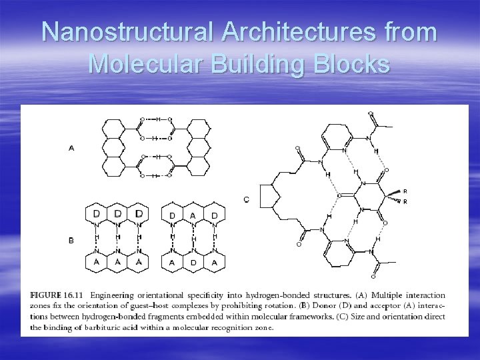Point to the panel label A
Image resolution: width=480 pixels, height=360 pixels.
(71, 148)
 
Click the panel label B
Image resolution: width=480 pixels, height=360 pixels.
(71, 240)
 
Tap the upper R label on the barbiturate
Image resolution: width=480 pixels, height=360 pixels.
(405, 191)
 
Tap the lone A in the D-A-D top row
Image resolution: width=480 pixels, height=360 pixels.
(193, 215)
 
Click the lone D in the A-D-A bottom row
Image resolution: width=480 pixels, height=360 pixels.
(193, 263)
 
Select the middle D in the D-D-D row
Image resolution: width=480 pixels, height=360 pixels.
(117, 214)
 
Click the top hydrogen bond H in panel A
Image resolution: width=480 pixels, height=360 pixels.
(158, 119)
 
